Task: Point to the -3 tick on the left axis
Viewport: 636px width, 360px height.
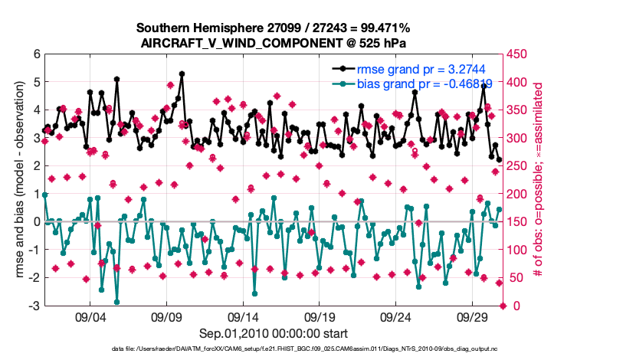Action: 34,306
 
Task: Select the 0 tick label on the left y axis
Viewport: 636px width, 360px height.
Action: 37,222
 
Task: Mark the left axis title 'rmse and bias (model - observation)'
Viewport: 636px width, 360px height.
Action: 18,180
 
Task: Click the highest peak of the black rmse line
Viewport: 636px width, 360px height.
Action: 182,74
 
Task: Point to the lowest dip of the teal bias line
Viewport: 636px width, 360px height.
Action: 116,302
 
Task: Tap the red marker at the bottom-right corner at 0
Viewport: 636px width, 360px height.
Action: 503,306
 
